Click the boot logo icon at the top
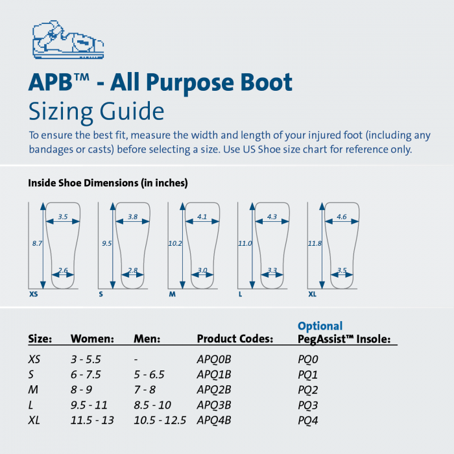tap(67, 40)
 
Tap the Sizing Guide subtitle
tap(96, 112)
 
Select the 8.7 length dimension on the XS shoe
tap(36, 243)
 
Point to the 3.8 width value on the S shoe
tap(132, 217)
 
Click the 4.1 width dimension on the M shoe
tap(202, 217)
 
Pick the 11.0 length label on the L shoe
tap(245, 243)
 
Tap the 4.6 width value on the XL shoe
tap(342, 217)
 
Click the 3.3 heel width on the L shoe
tap(272, 270)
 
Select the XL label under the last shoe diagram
tap(313, 294)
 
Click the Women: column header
tap(92, 339)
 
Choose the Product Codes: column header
tap(235, 339)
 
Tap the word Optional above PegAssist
tap(320, 326)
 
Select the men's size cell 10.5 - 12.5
tap(160, 420)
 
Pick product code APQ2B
tap(214, 390)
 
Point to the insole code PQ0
tap(308, 359)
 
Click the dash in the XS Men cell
tap(136, 359)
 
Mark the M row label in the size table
tap(32, 390)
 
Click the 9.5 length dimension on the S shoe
tap(106, 243)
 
